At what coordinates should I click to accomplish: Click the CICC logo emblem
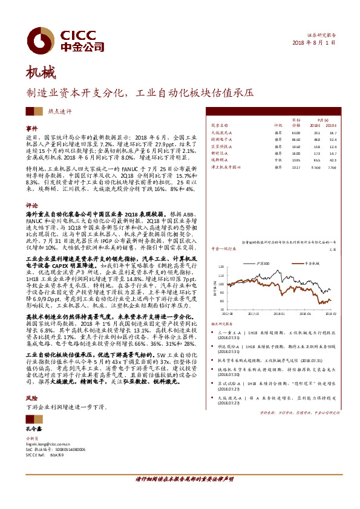click(x=44, y=38)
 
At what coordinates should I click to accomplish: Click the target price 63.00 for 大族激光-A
click(x=296, y=132)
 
